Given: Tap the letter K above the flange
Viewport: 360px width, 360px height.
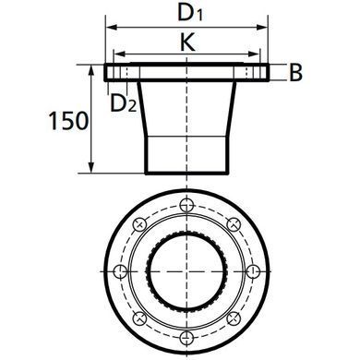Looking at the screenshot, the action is coord(187,42).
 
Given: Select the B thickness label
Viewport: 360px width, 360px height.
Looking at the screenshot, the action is coord(295,73).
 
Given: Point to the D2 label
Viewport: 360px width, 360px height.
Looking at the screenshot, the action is coord(123,103).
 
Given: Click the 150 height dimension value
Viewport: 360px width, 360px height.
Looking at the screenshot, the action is coord(69,121).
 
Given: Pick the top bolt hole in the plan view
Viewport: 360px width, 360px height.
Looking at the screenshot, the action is coord(186,204).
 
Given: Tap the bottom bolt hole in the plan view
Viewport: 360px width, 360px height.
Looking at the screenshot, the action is coord(186,337).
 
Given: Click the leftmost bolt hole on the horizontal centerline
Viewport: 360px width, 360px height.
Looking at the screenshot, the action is coord(120,271).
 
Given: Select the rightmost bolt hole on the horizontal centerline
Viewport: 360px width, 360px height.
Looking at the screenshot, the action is coord(253,271).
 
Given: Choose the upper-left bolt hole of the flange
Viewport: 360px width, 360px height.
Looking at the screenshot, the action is coord(139,224).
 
